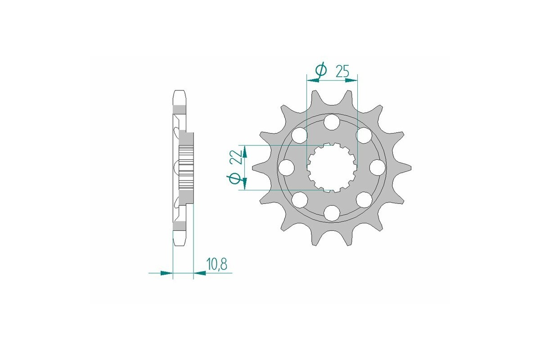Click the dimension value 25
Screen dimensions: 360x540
(x=343, y=71)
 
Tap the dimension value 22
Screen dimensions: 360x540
(x=235, y=157)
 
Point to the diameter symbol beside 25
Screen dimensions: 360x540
(x=320, y=70)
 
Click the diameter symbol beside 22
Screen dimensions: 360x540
(x=234, y=179)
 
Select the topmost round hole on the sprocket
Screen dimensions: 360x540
(x=332, y=121)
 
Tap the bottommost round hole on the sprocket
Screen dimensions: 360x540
(x=332, y=213)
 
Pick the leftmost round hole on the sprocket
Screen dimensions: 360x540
(x=286, y=167)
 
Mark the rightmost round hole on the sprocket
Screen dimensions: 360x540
(x=377, y=167)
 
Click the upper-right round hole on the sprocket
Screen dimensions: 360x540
(x=364, y=135)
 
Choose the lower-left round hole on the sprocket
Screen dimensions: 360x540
(x=299, y=199)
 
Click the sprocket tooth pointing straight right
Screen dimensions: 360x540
(x=408, y=167)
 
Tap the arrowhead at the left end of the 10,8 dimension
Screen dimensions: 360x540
(x=167, y=273)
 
